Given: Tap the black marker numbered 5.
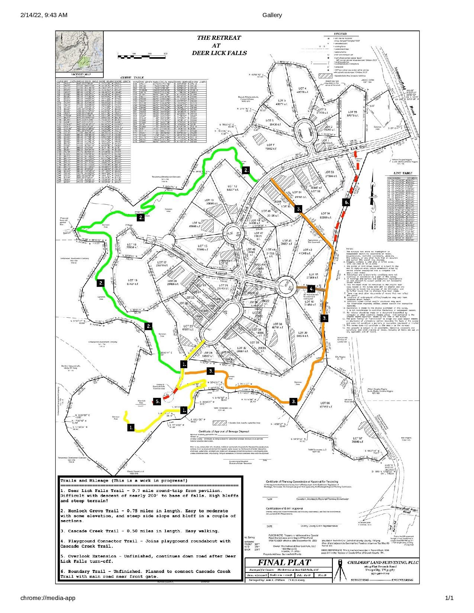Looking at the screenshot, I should pos(157,401).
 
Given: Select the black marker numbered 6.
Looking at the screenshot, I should pos(346,202).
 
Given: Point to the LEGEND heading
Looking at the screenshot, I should pos(341,34).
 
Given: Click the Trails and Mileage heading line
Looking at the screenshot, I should pos(124,480).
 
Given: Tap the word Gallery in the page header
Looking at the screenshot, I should pos(272,15).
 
